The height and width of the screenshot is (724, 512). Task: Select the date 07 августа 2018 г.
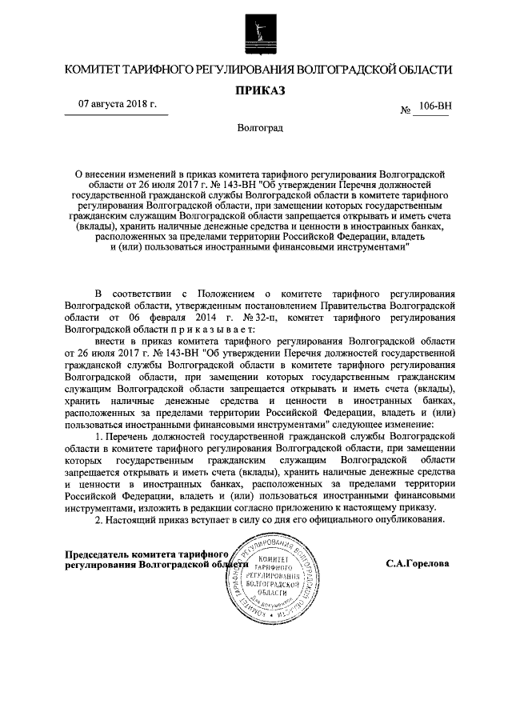[x=117, y=105]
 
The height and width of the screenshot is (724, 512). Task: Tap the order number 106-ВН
[x=431, y=106]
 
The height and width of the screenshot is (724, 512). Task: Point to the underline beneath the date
[x=117, y=116]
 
